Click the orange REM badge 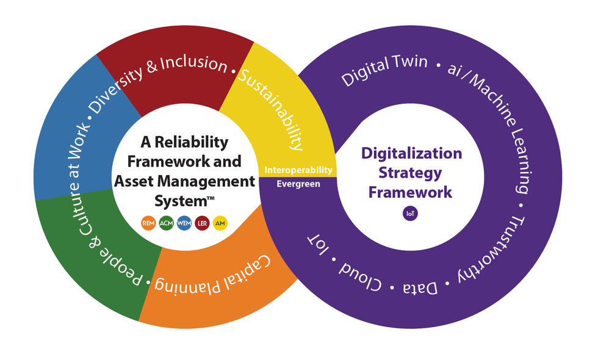tap(148, 223)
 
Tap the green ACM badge tap(166, 223)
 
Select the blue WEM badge tap(184, 223)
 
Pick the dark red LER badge tap(203, 223)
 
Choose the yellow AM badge tap(220, 223)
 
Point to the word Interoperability tap(298, 170)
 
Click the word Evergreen tap(298, 184)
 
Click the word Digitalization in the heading tap(412, 153)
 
